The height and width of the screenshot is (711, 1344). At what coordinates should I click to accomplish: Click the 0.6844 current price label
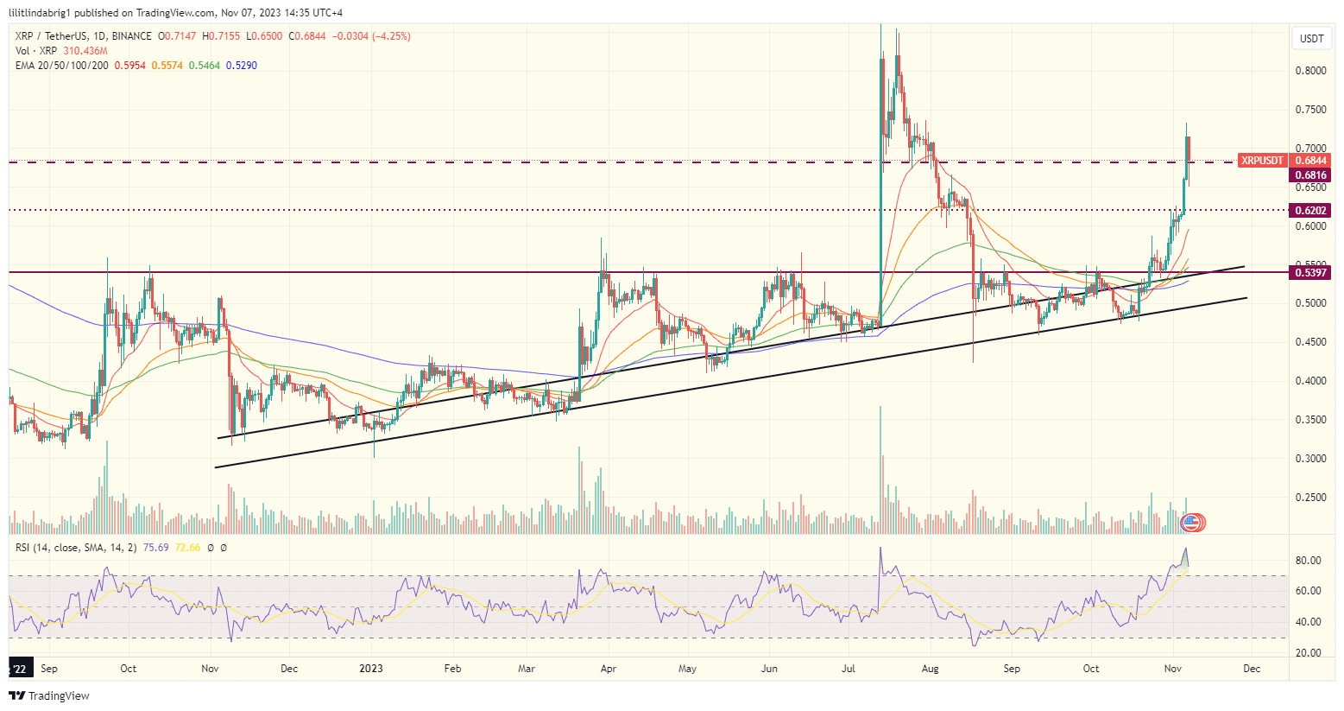point(1310,161)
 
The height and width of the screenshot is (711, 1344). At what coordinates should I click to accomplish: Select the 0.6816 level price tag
point(1310,175)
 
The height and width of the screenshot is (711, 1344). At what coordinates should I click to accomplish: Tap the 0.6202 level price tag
point(1310,211)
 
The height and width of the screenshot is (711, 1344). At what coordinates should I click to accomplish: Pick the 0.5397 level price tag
point(1310,273)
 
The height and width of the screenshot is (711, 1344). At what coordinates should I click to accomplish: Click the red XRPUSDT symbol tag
point(1262,161)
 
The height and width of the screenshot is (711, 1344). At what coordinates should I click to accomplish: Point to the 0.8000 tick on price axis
point(1310,71)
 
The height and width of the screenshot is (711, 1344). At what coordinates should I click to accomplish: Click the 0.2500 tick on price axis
point(1310,498)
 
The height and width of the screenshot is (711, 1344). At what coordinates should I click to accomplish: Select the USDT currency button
point(1312,39)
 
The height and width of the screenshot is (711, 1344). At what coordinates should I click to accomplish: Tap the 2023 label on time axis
point(371,669)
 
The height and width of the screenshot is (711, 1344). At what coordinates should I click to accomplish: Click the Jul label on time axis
point(849,669)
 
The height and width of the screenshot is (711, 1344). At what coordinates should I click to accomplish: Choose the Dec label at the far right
point(1252,669)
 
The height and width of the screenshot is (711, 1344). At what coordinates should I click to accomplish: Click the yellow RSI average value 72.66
point(187,548)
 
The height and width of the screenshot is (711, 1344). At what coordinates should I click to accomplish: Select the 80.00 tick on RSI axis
point(1309,561)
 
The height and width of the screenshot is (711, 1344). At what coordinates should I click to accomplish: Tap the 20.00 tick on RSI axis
point(1309,653)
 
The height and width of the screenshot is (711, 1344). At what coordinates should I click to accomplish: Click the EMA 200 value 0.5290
point(242,66)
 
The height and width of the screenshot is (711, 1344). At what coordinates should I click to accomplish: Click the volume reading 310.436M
point(85,51)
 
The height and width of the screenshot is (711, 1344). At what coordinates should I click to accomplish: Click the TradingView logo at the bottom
point(50,696)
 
